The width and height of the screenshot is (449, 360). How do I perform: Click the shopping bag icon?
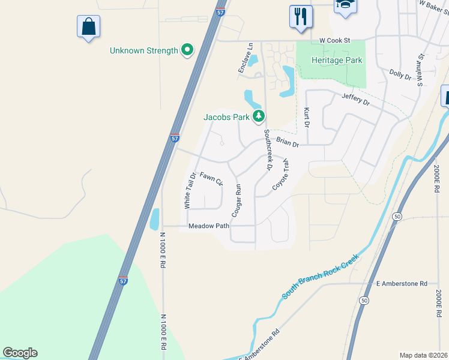pyautogui.click(x=88, y=26)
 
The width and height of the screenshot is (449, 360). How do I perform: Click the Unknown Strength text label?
pyautogui.click(x=144, y=50)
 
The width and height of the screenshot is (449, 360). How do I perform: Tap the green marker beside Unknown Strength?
pyautogui.click(x=187, y=50)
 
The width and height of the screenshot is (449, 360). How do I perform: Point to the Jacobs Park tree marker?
pyautogui.click(x=259, y=116)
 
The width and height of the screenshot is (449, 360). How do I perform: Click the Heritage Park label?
pyautogui.click(x=337, y=61)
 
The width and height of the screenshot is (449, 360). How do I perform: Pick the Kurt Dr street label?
pyautogui.click(x=307, y=118)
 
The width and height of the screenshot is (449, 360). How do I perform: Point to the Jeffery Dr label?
pyautogui.click(x=355, y=99)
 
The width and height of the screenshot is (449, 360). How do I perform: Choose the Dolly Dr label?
pyautogui.click(x=400, y=74)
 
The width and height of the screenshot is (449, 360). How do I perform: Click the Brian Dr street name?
pyautogui.click(x=287, y=142)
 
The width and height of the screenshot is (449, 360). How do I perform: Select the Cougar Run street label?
pyautogui.click(x=237, y=200)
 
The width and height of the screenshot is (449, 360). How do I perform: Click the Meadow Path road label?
pyautogui.click(x=209, y=226)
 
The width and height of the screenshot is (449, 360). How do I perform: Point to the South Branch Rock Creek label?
pyautogui.click(x=321, y=277)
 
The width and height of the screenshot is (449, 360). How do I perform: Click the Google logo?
pyautogui.click(x=20, y=353)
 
